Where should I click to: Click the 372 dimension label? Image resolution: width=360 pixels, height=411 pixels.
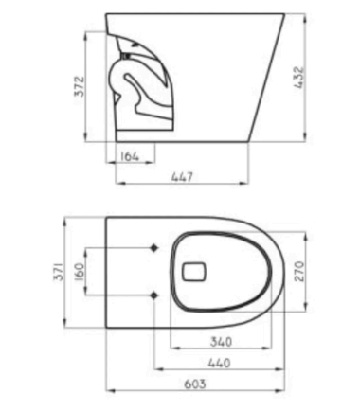(x=81, y=86)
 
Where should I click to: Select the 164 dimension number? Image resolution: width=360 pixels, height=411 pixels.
(x=130, y=156)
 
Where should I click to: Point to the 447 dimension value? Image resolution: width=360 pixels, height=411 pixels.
(x=182, y=177)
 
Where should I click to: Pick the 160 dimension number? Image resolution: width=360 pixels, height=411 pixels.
(x=80, y=271)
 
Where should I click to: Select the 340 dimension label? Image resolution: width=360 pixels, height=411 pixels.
(x=221, y=342)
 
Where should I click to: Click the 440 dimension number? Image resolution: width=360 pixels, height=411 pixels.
(x=219, y=363)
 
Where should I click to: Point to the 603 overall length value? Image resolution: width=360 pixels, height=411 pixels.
(x=195, y=384)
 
